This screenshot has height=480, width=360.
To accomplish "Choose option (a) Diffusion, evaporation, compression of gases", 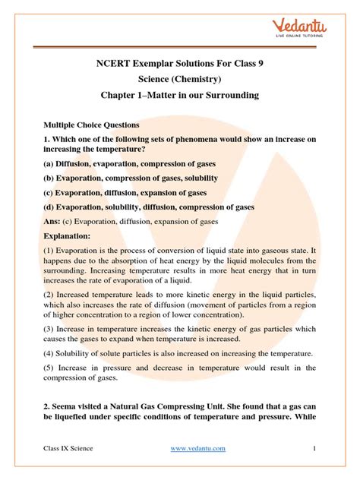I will tap(128, 163).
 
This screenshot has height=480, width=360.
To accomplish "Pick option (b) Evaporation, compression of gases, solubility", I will tap(132, 177).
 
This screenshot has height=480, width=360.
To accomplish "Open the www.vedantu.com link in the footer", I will tap(197, 449).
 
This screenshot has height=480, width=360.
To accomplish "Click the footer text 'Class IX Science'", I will tap(68, 449).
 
